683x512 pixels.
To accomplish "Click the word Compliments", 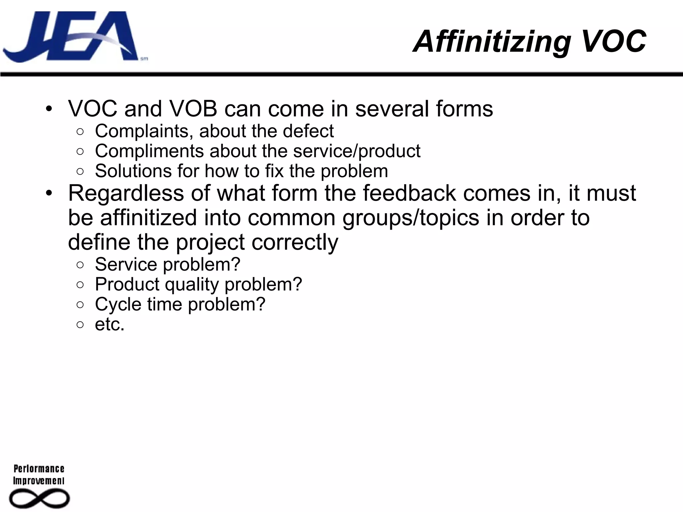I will click(x=149, y=151).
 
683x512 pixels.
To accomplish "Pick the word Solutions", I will click(x=133, y=171).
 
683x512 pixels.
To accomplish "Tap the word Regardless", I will click(x=126, y=193).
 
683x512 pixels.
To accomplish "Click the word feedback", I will click(x=409, y=193).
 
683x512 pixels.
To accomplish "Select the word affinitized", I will click(x=148, y=218).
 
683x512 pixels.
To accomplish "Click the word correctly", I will click(x=295, y=242).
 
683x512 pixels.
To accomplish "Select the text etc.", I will click(x=109, y=324).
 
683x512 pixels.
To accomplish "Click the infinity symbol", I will click(x=39, y=499).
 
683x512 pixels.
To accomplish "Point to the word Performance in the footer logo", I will click(x=39, y=469).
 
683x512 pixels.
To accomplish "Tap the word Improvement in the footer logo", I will click(x=39, y=481).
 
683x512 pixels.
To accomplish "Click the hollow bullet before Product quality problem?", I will click(x=80, y=285).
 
